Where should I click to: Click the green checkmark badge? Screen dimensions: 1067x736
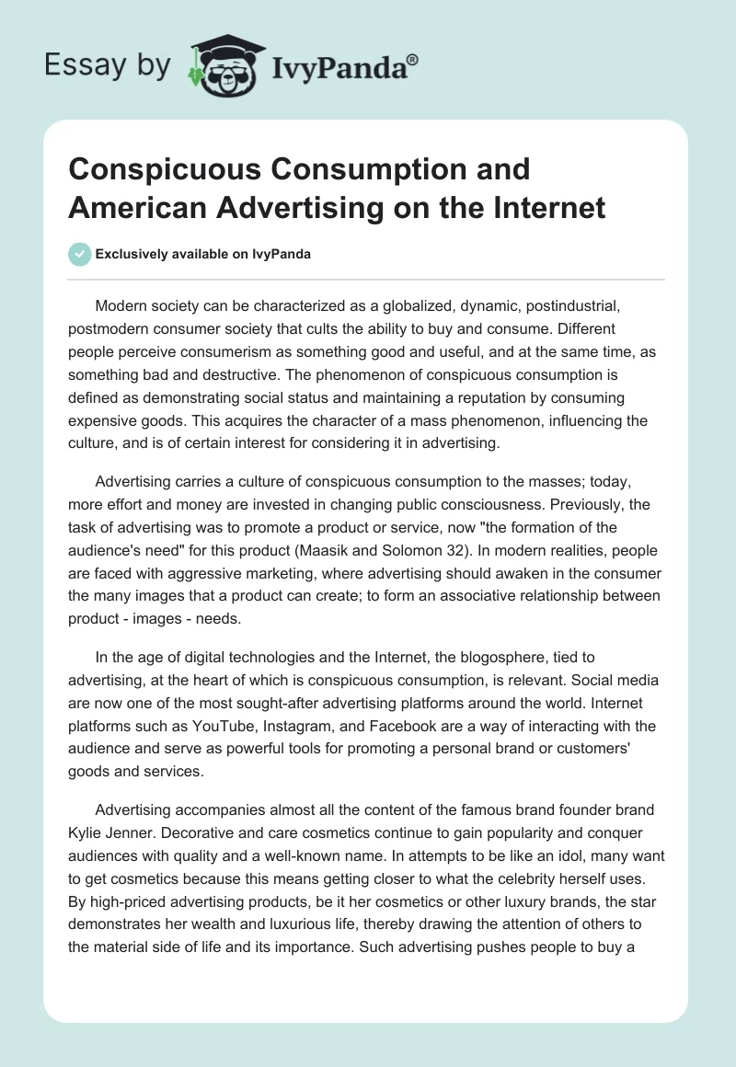[78, 254]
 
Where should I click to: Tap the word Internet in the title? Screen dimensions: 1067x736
[546, 207]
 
